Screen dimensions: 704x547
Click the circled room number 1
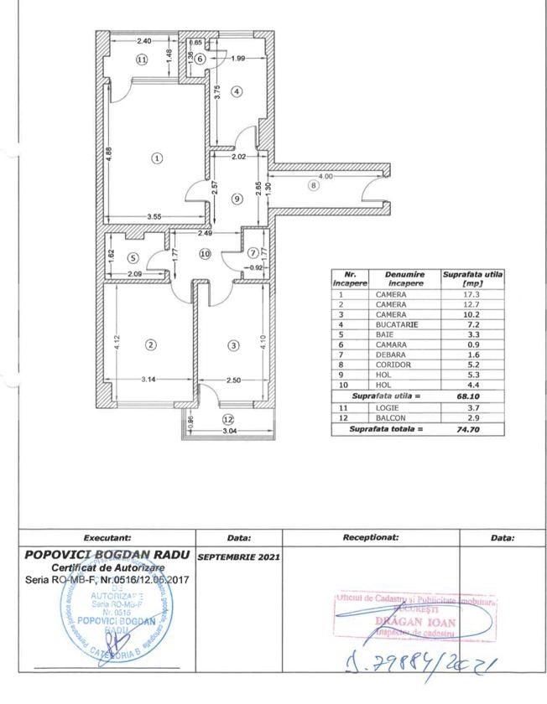tap(156, 158)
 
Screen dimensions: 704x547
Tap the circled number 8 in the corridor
tap(314, 186)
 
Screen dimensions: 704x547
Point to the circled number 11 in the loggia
tap(142, 60)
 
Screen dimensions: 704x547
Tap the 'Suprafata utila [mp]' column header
tap(474, 278)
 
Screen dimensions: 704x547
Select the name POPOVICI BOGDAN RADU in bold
tap(107, 554)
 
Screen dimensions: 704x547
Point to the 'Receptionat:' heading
tap(370, 538)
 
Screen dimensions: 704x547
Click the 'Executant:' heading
tap(107, 538)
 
